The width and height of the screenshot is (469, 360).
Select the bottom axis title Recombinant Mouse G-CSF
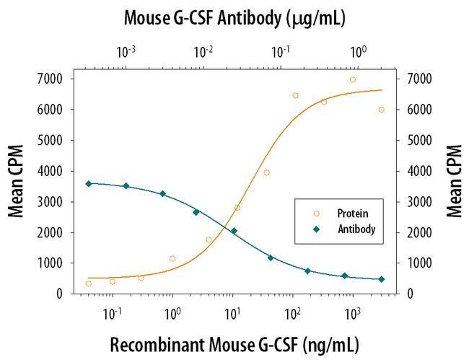[234, 344]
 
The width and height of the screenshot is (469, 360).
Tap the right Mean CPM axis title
[452, 181]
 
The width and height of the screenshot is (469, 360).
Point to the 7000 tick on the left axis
[48, 79]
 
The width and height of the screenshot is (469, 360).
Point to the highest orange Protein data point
[353, 80]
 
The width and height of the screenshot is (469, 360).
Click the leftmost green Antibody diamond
[88, 184]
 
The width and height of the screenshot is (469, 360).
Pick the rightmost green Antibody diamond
[382, 279]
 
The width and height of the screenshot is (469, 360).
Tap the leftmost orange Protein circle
[88, 284]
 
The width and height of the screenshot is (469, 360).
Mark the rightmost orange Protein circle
[382, 110]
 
